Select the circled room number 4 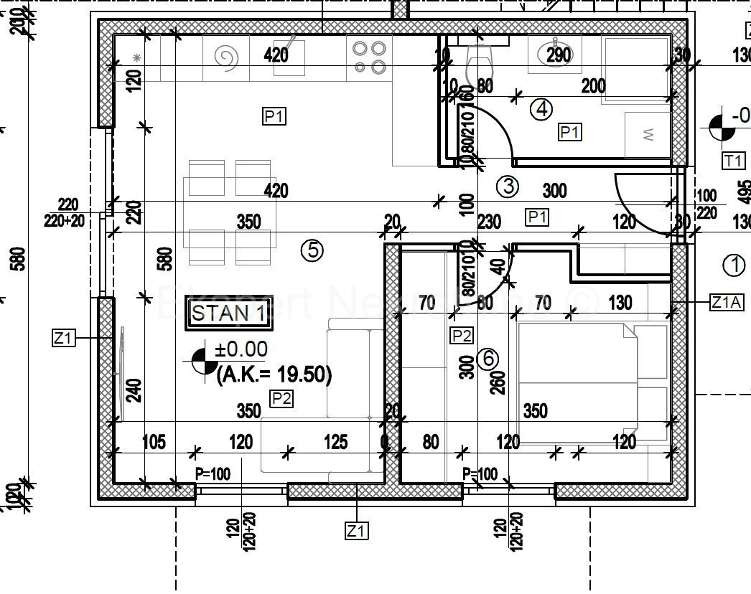(541, 109)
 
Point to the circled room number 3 (508, 187)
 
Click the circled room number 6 (487, 358)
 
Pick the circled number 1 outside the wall (734, 265)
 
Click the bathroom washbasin (554, 54)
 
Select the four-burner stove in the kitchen (369, 57)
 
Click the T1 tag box (732, 161)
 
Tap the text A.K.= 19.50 (274, 374)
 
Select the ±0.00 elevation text (242, 350)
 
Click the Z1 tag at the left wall (63, 337)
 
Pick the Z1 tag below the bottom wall (357, 531)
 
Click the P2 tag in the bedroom (461, 335)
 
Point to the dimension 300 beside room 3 (554, 191)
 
